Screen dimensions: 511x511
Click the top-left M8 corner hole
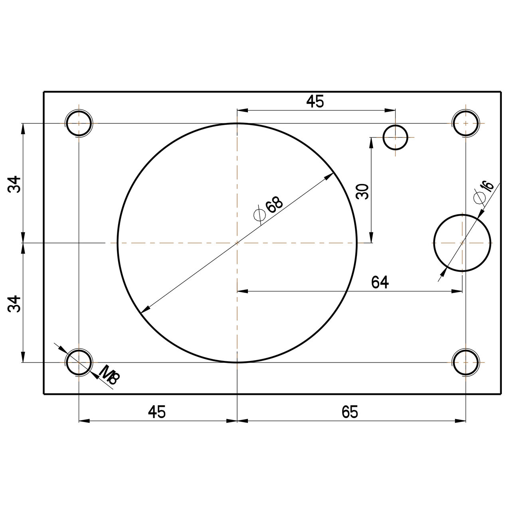coord(79,123)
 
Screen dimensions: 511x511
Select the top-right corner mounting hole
coord(465,123)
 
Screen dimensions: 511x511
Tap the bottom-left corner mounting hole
coord(79,362)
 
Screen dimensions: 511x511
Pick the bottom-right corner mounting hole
coord(465,362)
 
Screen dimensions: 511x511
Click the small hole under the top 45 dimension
coord(395,137)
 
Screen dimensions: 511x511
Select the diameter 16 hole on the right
coord(462,243)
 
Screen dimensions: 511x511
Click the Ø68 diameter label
coord(269,208)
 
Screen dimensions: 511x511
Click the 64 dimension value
coord(380,282)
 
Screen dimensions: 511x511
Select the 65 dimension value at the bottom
coord(350,412)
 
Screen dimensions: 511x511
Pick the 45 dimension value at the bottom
coord(157,412)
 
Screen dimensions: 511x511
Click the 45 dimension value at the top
coord(315,102)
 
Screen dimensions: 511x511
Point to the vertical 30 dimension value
coord(362,192)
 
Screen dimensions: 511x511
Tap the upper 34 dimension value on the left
coord(14,184)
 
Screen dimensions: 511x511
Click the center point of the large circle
coord(238,243)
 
